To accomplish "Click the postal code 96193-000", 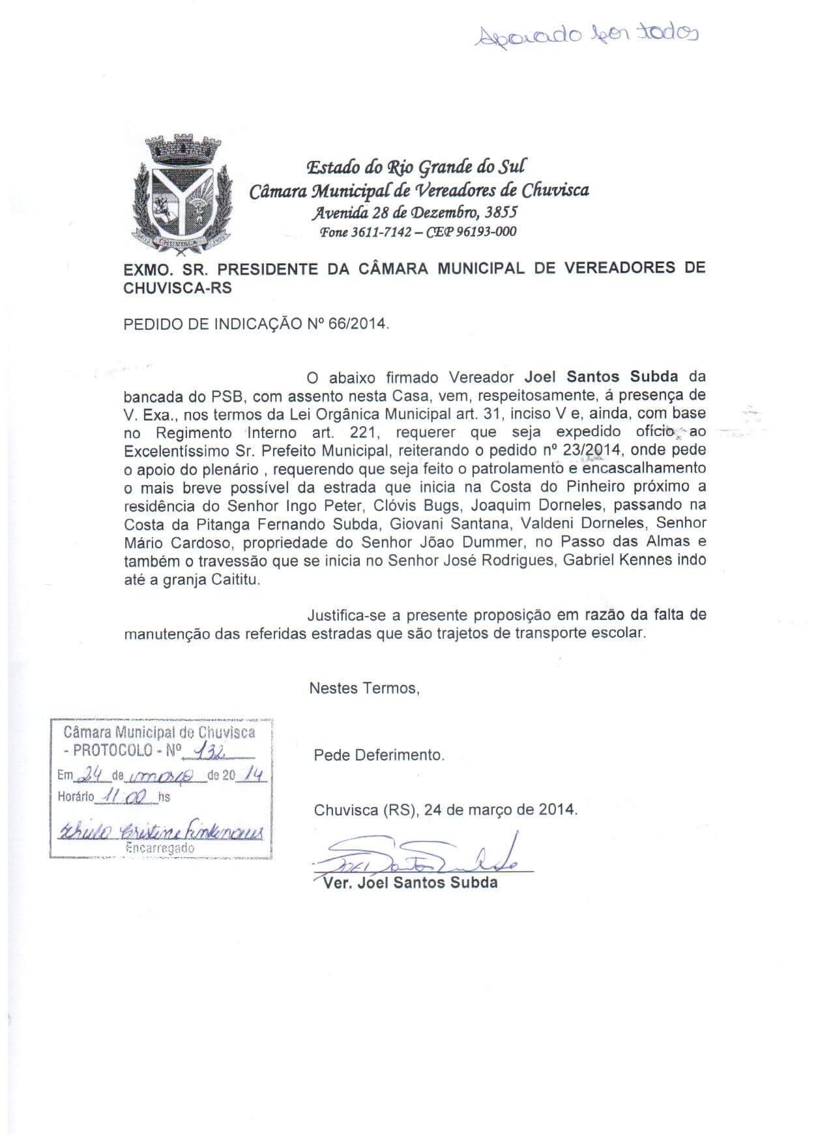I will tap(485, 231).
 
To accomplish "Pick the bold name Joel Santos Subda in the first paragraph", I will tap(602, 377).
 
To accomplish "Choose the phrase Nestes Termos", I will tap(363, 688).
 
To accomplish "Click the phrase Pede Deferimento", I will tap(379, 755).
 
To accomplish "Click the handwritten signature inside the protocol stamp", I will tap(160, 831).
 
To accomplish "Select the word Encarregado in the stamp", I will tap(160, 848).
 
